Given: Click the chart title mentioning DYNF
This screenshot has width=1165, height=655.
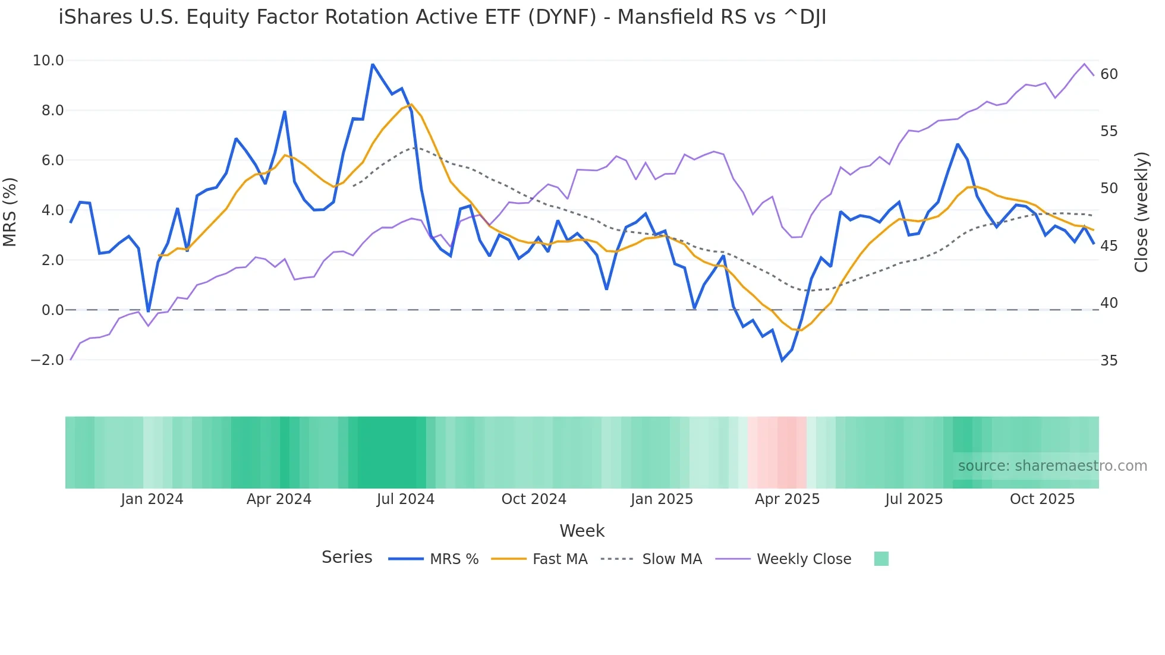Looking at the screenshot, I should tap(442, 17).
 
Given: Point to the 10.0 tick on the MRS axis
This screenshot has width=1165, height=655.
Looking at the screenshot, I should tap(48, 60).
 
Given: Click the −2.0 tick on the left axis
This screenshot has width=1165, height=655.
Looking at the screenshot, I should tap(47, 360).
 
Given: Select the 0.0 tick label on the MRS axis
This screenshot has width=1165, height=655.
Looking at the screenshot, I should tap(52, 310).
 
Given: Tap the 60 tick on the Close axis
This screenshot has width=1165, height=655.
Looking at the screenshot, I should tap(1109, 74).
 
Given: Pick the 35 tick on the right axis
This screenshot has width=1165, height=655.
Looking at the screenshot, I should tap(1109, 360).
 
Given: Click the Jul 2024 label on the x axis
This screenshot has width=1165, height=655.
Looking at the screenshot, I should tap(405, 499).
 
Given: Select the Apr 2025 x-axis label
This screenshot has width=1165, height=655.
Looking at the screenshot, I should tap(787, 499).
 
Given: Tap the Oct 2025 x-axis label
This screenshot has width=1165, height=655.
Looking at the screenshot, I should tap(1042, 499).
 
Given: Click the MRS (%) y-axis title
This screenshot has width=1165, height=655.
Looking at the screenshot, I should tap(10, 212).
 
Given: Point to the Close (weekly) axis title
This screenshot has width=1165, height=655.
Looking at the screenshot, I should tap(1141, 212).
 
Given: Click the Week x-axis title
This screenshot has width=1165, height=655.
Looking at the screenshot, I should tap(582, 531).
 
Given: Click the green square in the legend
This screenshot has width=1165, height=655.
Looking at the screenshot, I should tap(881, 559).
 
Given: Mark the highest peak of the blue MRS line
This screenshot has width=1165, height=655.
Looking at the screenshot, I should tap(373, 64).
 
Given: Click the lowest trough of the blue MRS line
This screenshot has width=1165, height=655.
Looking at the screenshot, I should tap(782, 360).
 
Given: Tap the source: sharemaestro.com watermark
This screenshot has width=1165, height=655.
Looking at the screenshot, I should tap(1052, 466).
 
